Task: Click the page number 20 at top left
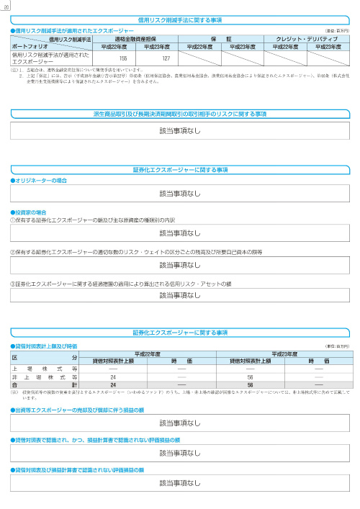6,6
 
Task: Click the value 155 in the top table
123,58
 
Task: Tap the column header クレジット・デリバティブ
307,39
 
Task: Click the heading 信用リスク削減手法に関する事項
180,20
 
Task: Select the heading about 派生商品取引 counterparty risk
180,114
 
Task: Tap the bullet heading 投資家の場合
33,212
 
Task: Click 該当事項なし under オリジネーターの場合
180,194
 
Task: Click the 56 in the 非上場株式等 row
250,377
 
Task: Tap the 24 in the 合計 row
113,384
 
